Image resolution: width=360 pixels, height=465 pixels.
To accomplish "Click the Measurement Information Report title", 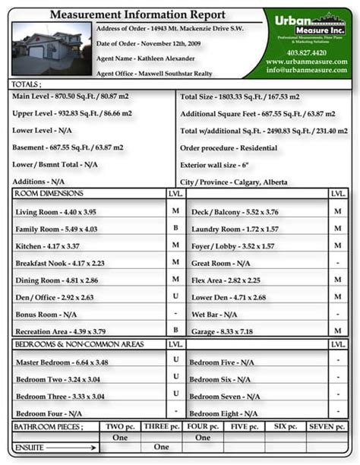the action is (137, 14).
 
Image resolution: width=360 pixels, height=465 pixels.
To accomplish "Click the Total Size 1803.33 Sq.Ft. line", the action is (239, 97).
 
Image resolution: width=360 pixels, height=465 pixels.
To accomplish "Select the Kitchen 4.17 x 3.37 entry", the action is (49, 245).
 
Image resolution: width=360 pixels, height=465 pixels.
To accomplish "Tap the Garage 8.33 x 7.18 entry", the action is (222, 331).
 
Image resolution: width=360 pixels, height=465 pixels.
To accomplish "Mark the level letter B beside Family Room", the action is (175, 227).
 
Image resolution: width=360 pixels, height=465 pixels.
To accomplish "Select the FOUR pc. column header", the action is (202, 427).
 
